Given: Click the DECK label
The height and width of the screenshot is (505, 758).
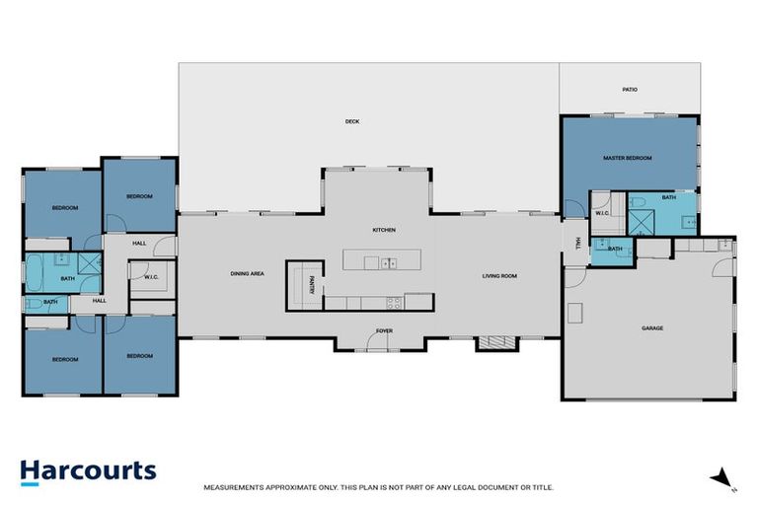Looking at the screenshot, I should [352, 122].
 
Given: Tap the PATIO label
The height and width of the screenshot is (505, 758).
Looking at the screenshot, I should [630, 90].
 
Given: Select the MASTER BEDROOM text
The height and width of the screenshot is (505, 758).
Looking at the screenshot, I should [628, 158].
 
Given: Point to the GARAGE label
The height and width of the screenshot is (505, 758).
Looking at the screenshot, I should [652, 328].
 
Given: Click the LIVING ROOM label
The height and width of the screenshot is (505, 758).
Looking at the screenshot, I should [499, 276].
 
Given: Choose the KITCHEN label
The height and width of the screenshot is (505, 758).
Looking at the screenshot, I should [384, 230].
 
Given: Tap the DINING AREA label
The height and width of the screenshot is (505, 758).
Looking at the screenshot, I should [247, 274].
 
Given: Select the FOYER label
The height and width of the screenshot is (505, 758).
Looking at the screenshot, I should [384, 331].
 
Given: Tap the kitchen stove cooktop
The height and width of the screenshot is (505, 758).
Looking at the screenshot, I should [394, 302].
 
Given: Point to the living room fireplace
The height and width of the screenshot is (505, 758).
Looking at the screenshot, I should [495, 343].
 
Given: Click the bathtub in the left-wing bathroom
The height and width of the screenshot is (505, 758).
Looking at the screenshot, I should [38, 266].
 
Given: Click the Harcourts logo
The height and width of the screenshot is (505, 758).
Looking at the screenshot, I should [89, 470].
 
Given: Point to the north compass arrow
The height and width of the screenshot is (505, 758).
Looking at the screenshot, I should [723, 478].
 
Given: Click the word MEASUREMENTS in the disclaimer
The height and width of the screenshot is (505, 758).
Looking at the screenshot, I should [233, 487].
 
